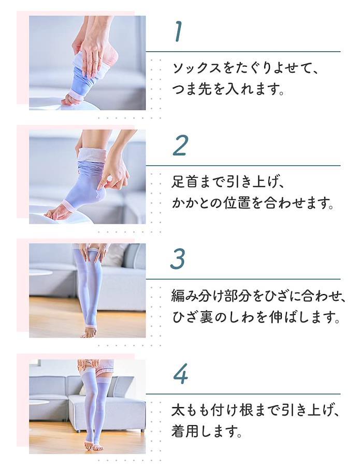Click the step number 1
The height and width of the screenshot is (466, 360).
pos(178,32)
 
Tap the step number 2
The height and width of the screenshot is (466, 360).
pos(180,145)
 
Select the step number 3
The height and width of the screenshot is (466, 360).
pos(178,258)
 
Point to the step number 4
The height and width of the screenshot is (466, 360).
pos(181,373)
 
